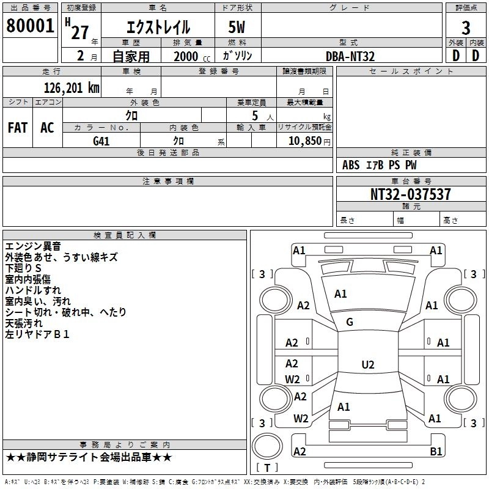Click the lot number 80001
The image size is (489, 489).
(30, 26)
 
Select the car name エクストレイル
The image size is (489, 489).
(158, 28)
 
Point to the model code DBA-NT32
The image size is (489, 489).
(350, 56)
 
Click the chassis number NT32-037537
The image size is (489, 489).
(411, 194)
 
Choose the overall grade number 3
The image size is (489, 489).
(466, 28)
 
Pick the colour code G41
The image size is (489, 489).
(101, 141)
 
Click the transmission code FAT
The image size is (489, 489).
(17, 128)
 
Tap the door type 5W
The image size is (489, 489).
(238, 28)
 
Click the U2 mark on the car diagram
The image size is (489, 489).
(367, 365)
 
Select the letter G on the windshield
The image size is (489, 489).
(350, 322)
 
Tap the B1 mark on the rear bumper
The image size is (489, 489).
(436, 452)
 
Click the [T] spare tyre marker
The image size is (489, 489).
(267, 468)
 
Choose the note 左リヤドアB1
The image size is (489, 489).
(37, 334)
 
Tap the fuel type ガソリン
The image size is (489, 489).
(238, 56)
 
